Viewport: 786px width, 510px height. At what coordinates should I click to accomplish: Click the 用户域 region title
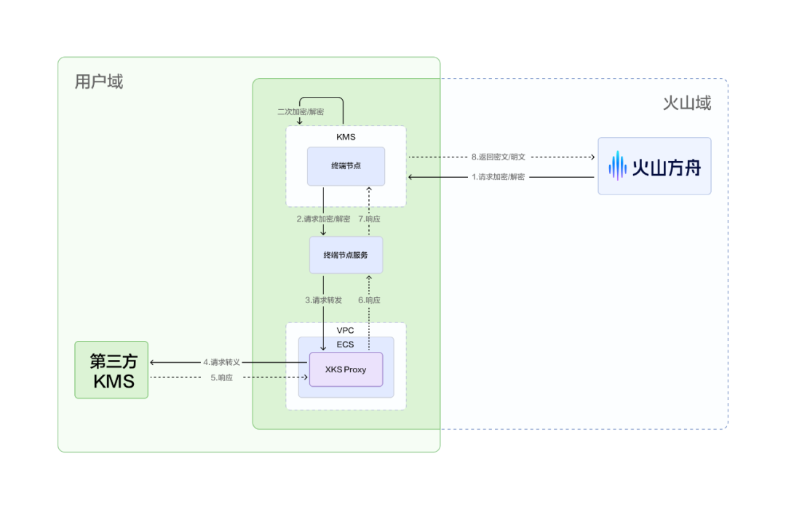point(99,82)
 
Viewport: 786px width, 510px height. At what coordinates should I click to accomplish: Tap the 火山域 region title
point(686,103)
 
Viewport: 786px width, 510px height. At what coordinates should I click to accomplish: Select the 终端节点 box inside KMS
point(346,166)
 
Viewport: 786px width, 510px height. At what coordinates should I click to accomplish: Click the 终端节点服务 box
point(346,255)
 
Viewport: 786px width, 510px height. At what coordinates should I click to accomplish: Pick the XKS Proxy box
point(346,369)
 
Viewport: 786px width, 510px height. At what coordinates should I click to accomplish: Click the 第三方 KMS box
point(111,370)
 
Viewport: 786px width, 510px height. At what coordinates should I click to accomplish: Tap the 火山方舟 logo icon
point(617,165)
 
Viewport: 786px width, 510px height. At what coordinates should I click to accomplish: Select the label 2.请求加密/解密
point(323,219)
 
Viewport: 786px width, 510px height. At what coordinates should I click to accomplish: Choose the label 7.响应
point(369,219)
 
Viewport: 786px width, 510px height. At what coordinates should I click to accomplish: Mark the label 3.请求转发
point(323,300)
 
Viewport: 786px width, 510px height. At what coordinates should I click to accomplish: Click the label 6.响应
point(369,300)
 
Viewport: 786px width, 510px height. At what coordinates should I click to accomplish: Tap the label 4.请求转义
point(222,362)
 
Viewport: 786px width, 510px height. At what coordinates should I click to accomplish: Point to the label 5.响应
point(222,378)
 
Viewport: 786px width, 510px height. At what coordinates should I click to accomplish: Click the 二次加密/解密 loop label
point(301,112)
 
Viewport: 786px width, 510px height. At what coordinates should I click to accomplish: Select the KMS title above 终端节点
point(346,136)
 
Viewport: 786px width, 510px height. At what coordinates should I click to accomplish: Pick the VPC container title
point(346,331)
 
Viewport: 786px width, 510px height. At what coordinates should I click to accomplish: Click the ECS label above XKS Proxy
point(346,345)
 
